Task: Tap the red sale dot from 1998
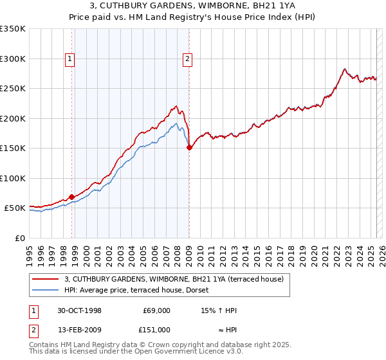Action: click(x=72, y=197)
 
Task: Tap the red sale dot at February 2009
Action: click(x=189, y=148)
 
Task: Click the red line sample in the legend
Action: click(x=45, y=279)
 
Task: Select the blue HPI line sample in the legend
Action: click(x=45, y=290)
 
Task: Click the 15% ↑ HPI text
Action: click(x=219, y=310)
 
